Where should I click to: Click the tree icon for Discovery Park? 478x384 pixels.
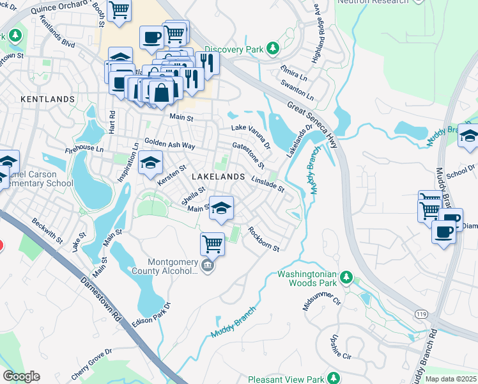[273, 48]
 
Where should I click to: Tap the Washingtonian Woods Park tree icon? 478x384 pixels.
[346, 276]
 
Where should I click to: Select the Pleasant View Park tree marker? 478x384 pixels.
[332, 378]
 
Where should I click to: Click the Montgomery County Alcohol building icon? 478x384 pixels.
[207, 265]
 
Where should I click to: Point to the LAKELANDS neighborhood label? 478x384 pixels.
[218, 176]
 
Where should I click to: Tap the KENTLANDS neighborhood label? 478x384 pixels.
[47, 100]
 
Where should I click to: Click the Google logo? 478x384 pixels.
[21, 376]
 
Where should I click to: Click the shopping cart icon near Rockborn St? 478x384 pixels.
[212, 243]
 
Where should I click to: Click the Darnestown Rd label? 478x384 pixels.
[100, 299]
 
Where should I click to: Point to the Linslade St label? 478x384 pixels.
[268, 184]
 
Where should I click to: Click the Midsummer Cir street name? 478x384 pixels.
[324, 299]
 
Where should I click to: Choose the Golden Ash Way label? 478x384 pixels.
[169, 145]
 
